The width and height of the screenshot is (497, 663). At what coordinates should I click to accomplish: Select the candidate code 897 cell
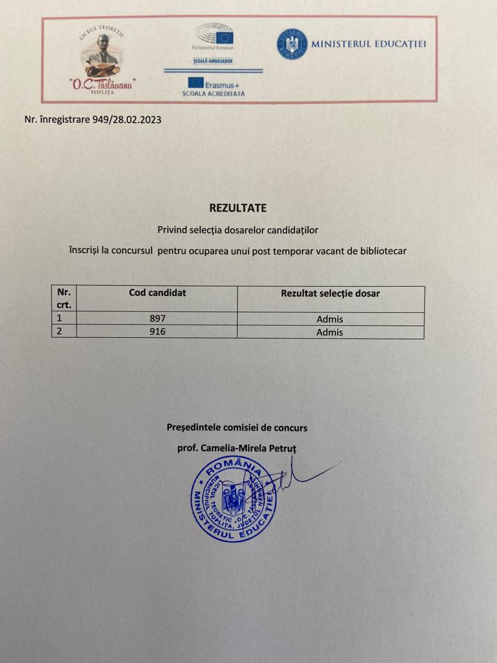(157, 319)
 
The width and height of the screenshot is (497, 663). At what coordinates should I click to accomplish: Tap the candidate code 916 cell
(157, 332)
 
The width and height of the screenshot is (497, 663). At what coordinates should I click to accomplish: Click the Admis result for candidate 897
(330, 319)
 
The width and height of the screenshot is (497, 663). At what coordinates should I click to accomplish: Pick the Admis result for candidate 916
(330, 332)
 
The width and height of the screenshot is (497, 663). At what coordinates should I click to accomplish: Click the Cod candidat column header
(157, 293)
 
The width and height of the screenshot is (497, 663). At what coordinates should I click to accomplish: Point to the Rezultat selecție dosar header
(330, 293)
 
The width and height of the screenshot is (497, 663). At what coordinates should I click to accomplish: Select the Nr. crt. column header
(64, 298)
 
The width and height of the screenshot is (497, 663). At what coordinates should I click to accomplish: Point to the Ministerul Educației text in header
(369, 44)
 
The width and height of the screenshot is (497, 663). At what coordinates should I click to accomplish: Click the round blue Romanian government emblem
(293, 44)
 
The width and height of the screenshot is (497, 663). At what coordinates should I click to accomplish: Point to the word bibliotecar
(384, 251)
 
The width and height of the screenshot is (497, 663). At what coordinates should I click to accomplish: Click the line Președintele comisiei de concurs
(237, 427)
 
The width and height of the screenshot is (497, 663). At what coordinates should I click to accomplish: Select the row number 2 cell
(64, 332)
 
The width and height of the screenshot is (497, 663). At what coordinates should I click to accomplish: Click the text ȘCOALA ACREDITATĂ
(214, 93)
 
